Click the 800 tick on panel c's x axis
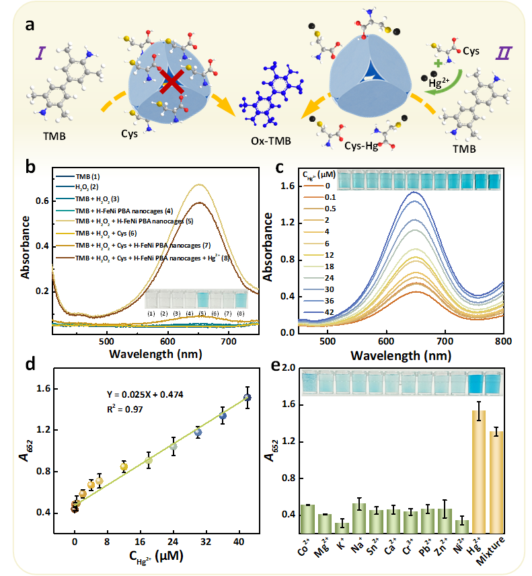pos(503,341)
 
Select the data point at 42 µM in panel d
pos(248,398)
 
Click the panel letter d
pos(30,365)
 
